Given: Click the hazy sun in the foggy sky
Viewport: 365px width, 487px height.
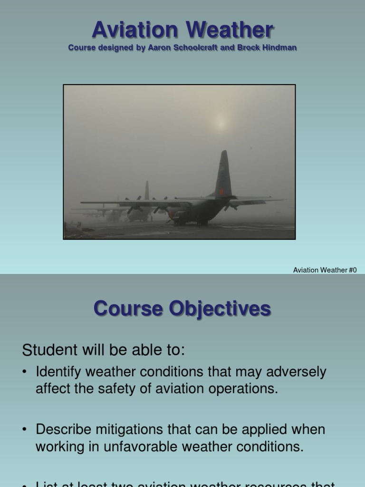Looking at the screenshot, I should [x=220, y=123].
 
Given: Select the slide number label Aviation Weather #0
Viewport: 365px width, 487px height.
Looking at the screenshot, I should [x=325, y=270].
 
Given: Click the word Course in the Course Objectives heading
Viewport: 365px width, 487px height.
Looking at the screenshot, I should [x=126, y=309].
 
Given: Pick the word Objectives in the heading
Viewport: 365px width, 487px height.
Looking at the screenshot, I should [x=220, y=309].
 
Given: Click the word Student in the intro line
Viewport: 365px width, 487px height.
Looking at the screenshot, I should [x=49, y=350].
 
